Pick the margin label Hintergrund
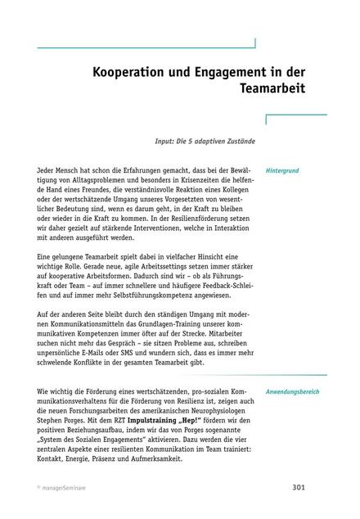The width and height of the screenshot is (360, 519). point(282,172)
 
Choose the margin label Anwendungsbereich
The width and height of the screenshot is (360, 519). point(292,391)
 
